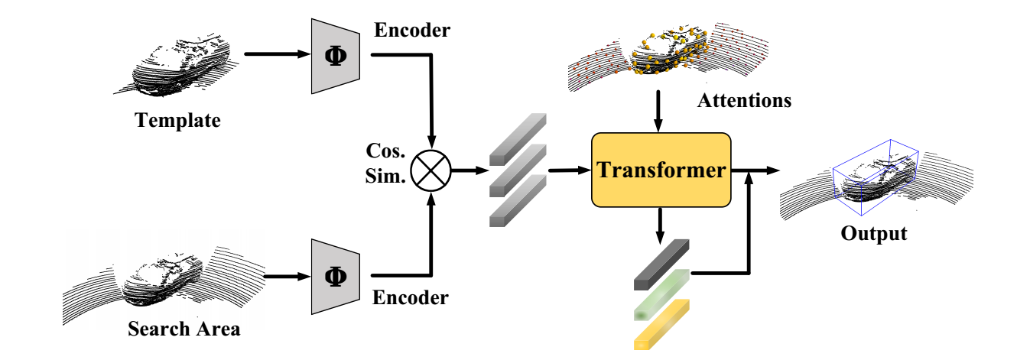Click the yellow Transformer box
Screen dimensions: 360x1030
(x=661, y=170)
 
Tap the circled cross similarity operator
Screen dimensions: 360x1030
(x=431, y=170)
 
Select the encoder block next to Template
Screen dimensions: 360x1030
(x=335, y=56)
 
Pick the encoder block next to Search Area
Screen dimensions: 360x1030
(x=335, y=277)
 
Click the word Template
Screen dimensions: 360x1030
(x=177, y=120)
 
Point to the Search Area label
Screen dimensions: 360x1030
(x=184, y=329)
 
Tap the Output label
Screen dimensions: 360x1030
(x=873, y=233)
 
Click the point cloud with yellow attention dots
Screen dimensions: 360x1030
(x=665, y=54)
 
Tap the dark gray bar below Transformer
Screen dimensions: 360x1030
(x=662, y=264)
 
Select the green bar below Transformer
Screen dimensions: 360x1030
(x=662, y=294)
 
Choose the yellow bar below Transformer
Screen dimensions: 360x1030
(x=662, y=325)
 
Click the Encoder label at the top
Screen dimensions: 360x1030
(x=412, y=30)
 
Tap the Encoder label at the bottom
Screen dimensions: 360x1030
(x=411, y=298)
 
